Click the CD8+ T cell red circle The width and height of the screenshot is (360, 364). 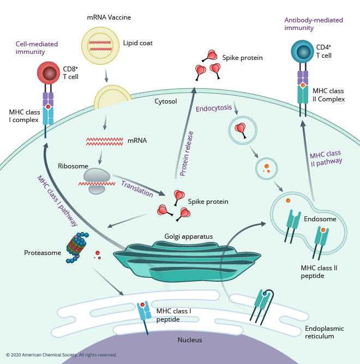50,74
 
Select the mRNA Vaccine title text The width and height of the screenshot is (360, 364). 109,17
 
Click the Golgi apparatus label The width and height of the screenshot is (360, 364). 188,236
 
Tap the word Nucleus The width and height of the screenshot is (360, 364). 190,340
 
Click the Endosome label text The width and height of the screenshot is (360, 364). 316,219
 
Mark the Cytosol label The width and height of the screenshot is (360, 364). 166,101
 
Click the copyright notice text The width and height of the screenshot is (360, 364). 62,355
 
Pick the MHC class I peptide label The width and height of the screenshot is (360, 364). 173,315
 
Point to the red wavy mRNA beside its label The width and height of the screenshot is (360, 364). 104,141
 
